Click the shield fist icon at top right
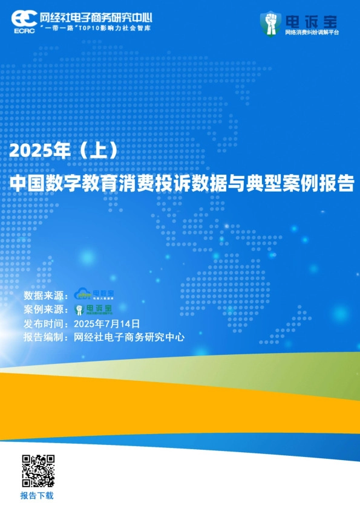tap(270, 23)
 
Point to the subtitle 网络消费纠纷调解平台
tap(312, 31)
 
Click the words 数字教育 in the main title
tap(100, 184)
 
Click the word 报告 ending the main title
tap(338, 184)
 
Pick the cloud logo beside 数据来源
tap(93, 295)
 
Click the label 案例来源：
tap(46, 310)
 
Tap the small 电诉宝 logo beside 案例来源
tap(93, 310)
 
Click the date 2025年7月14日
tap(106, 324)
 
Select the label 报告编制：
tap(46, 337)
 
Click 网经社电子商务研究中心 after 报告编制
tap(128, 337)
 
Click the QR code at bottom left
tap(38, 471)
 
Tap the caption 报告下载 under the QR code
tap(37, 496)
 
